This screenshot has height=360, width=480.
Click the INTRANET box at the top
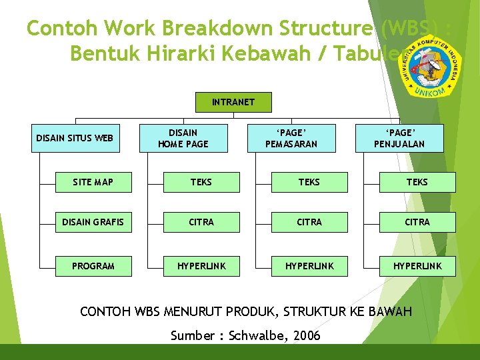click(233, 102)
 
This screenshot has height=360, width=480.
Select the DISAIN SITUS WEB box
click(75, 139)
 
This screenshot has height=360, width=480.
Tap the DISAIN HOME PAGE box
click(183, 139)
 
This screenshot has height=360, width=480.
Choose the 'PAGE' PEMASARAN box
click(291, 139)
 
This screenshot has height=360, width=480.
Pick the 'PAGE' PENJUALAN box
click(399, 139)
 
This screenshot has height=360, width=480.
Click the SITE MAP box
click(93, 182)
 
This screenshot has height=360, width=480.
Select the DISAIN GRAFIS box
click(93, 222)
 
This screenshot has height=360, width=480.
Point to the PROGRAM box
click(93, 266)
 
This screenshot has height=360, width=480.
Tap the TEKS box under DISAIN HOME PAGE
click(201, 182)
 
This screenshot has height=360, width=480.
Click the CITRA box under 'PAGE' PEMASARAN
click(309, 222)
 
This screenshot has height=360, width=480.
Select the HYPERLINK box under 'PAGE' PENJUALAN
click(417, 266)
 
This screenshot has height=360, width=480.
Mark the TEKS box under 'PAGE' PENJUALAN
click(417, 182)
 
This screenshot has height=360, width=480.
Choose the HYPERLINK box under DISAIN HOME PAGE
click(201, 266)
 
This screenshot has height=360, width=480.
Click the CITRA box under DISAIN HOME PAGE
click(201, 222)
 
